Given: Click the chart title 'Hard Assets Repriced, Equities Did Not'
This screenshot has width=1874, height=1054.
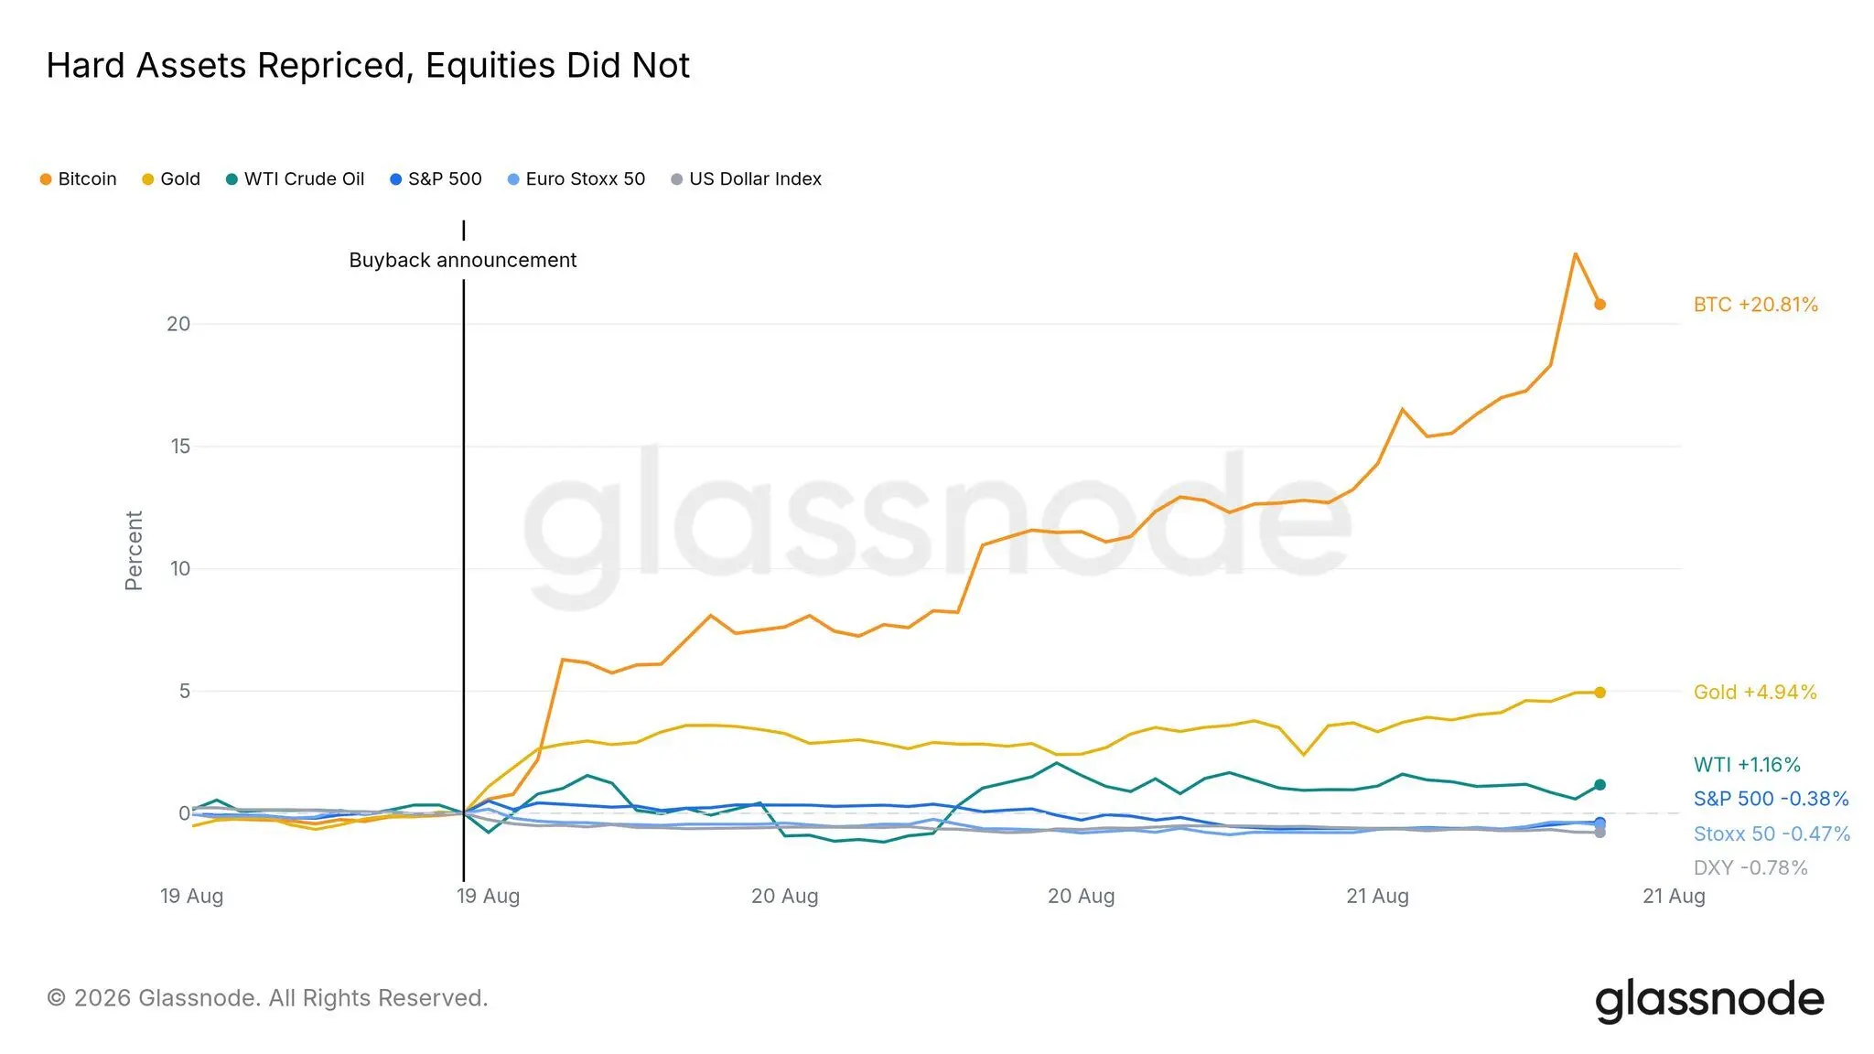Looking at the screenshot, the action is [x=368, y=66].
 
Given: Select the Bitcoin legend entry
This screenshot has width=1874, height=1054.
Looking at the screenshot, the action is [x=79, y=179].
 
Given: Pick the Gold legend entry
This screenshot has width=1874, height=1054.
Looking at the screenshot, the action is [x=171, y=179].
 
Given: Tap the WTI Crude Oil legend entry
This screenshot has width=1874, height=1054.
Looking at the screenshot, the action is [x=295, y=179].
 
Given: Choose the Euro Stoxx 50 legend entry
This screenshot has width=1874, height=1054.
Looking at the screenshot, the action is [x=576, y=179].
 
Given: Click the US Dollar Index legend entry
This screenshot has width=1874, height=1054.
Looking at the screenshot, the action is [x=747, y=179].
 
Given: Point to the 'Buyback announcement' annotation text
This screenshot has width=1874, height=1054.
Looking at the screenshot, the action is [x=463, y=261].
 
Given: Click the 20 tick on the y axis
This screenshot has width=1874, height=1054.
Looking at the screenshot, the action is [x=178, y=324].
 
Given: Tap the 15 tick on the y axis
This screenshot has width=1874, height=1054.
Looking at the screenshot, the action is [x=179, y=446].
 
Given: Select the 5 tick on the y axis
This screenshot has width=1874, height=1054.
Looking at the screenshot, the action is [x=185, y=691].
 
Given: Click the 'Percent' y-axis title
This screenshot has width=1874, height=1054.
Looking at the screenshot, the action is [x=134, y=551].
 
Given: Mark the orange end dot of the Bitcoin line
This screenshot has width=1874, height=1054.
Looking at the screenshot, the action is [x=1599, y=305].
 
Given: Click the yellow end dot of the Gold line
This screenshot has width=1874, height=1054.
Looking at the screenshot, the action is [x=1599, y=693].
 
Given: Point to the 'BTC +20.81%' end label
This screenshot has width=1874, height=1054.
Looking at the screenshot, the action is [x=1755, y=305].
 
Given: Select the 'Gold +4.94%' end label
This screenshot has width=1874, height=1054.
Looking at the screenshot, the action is [x=1755, y=693].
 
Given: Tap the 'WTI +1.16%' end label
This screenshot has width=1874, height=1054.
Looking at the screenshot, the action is [x=1747, y=765].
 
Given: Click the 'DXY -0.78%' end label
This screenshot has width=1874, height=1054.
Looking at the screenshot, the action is [x=1750, y=867].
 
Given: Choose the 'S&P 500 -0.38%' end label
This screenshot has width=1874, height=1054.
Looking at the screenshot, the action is [x=1771, y=799].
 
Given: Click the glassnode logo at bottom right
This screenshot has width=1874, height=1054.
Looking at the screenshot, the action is [x=1709, y=1000].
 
